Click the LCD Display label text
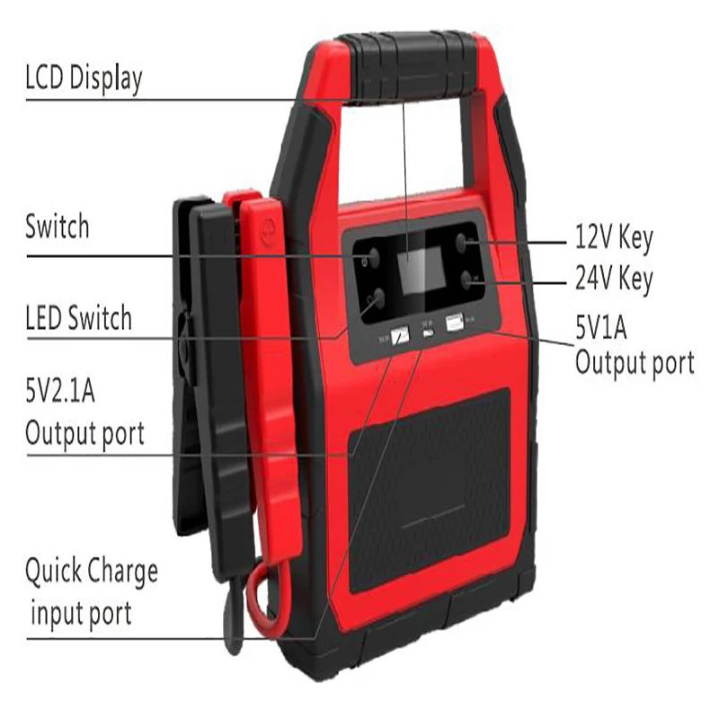pos(83,79)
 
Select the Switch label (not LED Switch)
pos(57,226)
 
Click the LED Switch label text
pos(78,318)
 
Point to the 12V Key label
pos(614,239)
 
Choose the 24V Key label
pos(614,280)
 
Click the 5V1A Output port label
pos(634,345)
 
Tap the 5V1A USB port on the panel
pos(453,321)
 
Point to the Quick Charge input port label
pos(90,591)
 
